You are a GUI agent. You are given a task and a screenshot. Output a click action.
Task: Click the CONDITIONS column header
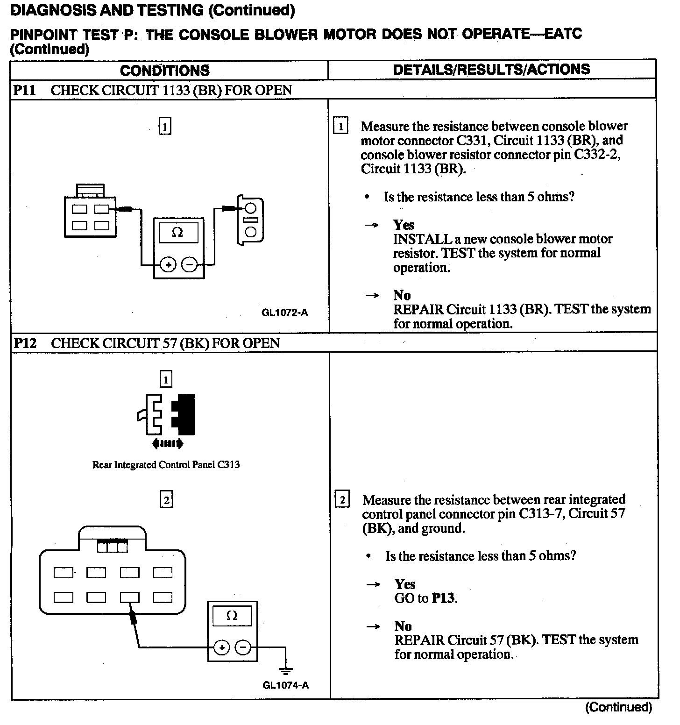coord(164,71)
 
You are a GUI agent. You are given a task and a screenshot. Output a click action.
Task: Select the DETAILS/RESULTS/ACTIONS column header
coord(491,70)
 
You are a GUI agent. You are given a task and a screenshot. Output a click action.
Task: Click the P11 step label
coord(24,90)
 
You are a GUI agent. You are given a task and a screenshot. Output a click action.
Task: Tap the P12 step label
coord(25,343)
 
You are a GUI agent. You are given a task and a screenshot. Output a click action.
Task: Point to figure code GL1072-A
coord(284,313)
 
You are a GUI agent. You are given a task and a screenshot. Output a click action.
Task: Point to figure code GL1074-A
coord(285,685)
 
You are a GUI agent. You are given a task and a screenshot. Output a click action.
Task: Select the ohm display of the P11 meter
coord(178,232)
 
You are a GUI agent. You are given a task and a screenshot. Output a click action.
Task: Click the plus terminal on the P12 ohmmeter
coord(221,647)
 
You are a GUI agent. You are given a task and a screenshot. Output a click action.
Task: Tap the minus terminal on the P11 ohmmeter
coord(189,265)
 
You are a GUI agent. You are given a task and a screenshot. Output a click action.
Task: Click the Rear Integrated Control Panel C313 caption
coord(166,465)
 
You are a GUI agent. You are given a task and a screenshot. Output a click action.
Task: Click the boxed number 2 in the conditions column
coord(166,500)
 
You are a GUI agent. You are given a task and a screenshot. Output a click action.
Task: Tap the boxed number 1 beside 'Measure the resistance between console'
coord(340,126)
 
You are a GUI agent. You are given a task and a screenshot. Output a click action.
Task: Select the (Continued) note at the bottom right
coord(618,707)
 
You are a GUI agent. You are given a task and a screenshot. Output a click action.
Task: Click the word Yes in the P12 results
coord(405,584)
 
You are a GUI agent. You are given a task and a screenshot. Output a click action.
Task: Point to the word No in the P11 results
coord(402,295)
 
